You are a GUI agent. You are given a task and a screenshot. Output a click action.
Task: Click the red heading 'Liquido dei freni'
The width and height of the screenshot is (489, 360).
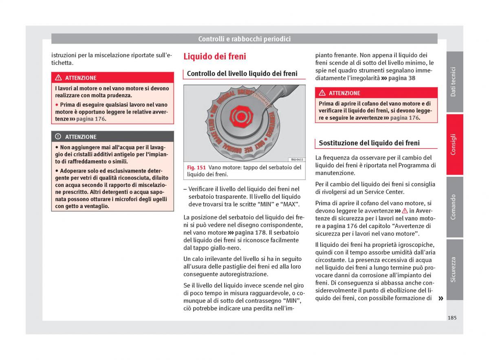[215, 57]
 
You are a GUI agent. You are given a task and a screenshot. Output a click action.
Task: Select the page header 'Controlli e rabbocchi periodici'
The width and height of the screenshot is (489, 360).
[244, 39]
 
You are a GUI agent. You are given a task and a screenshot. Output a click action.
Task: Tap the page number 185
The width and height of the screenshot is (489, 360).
[452, 318]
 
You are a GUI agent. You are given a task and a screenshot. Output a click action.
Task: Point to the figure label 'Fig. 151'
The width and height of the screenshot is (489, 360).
[196, 167]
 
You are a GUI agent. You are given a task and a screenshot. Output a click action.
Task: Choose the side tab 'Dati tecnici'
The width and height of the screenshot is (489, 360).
[454, 82]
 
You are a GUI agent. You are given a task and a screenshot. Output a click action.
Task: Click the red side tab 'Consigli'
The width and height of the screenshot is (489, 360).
[454, 145]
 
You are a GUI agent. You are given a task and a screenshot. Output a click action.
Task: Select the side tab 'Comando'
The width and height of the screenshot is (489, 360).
[454, 207]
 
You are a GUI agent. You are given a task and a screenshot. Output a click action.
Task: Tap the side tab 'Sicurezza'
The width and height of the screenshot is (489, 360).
[454, 269]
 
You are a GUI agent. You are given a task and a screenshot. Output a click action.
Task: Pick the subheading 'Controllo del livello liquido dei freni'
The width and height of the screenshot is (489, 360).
[242, 74]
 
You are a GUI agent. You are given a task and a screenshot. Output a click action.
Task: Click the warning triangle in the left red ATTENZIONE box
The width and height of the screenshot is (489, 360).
[58, 78]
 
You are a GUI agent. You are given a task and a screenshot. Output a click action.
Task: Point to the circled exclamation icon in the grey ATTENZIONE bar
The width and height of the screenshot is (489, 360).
[58, 137]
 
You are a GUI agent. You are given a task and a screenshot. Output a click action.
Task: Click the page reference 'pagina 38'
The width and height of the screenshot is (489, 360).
[402, 78]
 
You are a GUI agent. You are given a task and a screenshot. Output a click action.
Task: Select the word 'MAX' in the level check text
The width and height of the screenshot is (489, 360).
[290, 204]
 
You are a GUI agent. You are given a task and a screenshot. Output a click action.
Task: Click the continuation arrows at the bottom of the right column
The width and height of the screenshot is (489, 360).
[440, 299]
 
